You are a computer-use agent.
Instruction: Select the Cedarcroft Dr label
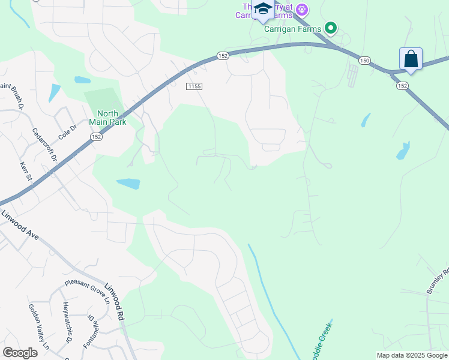click(x=44, y=145)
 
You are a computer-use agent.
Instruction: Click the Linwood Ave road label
click(x=20, y=225)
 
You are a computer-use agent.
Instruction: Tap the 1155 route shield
click(x=193, y=86)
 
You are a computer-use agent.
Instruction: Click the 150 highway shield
click(x=364, y=60)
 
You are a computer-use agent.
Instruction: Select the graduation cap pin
click(x=263, y=9)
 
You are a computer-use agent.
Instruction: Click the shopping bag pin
click(x=411, y=59)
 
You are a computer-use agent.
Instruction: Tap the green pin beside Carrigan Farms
click(x=330, y=28)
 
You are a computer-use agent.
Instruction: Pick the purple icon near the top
click(x=302, y=10)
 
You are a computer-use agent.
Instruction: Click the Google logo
click(x=20, y=353)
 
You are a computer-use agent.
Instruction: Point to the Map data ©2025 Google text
click(x=412, y=355)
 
